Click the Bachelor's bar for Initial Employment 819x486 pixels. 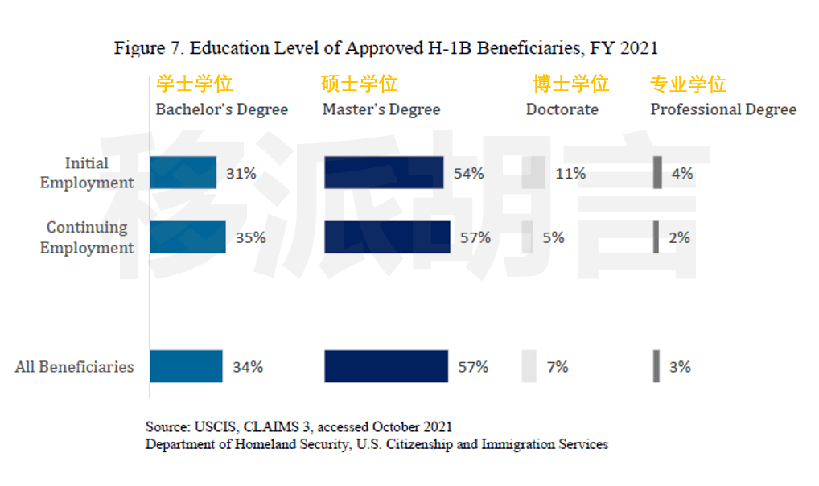(183, 173)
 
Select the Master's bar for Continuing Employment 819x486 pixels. (387, 237)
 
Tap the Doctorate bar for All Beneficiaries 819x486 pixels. (529, 366)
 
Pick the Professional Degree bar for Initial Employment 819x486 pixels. (657, 173)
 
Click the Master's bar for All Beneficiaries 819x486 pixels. (386, 366)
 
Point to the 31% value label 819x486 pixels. (241, 173)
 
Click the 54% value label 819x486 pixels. (468, 173)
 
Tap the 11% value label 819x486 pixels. (570, 173)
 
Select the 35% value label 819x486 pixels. (251, 237)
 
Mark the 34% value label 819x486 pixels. (248, 367)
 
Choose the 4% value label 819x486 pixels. (681, 173)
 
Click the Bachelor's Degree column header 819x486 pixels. (221, 109)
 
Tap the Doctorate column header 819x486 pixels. (562, 109)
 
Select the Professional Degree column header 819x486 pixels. (723, 109)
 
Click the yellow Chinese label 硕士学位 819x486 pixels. (360, 84)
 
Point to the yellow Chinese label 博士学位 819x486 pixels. (571, 84)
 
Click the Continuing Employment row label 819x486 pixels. (87, 237)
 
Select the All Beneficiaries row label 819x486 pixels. (75, 367)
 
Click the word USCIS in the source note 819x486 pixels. (210, 426)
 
